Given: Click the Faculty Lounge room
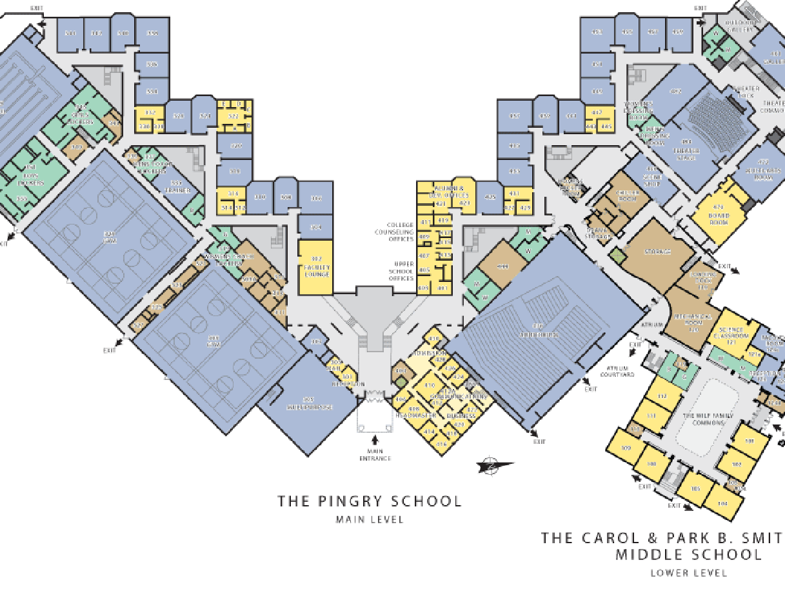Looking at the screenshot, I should tap(315, 267).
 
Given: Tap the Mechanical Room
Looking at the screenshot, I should tap(694, 321).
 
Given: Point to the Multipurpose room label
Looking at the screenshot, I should tap(308, 404).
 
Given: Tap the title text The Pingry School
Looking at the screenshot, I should tap(370, 501).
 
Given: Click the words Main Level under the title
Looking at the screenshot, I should tap(370, 519).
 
